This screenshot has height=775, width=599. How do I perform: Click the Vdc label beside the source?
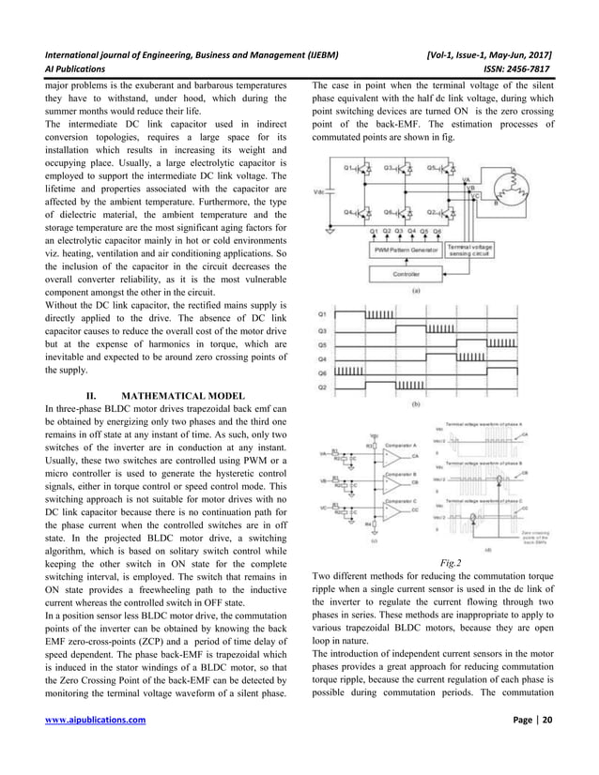click(x=319, y=190)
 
